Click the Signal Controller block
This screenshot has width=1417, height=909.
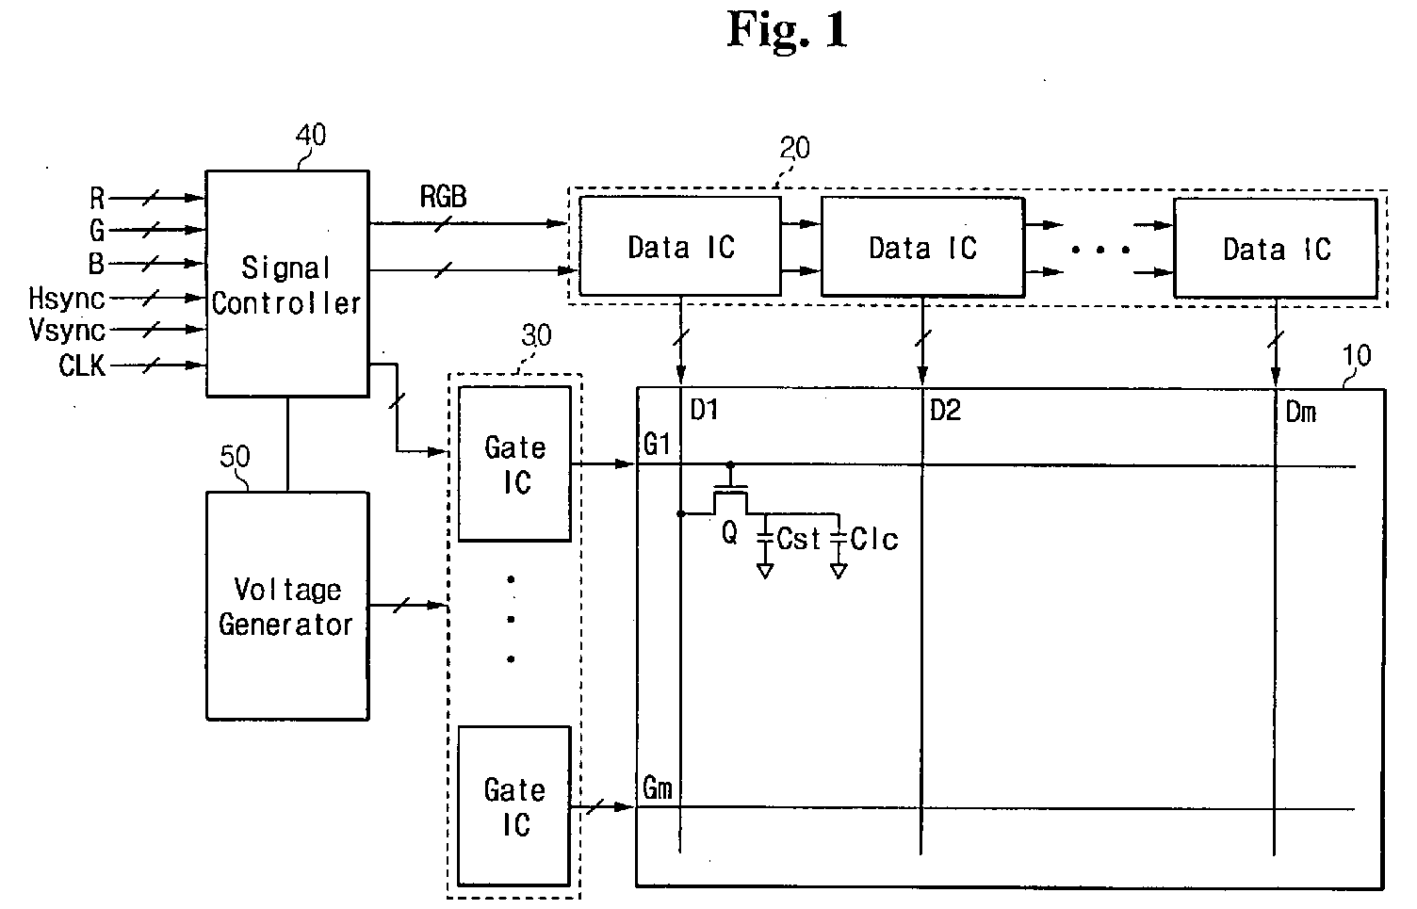tap(287, 284)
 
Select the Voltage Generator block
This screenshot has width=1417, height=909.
tap(287, 606)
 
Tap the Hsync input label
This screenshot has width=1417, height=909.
tap(66, 299)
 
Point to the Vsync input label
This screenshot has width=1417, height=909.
tap(67, 331)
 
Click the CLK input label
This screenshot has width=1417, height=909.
tap(82, 365)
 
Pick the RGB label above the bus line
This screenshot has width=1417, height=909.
tap(444, 197)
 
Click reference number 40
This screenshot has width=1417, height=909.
tap(311, 135)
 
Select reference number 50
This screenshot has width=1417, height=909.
tap(235, 456)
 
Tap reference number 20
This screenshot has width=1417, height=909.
tap(794, 148)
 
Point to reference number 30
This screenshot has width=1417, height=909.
tap(536, 335)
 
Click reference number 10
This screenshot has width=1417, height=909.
tap(1357, 355)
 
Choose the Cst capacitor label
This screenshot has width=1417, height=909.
tap(798, 539)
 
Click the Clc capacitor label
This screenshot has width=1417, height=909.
tap(873, 539)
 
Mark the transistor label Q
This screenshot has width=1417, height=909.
tap(729, 532)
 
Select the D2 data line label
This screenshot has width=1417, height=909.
tap(945, 411)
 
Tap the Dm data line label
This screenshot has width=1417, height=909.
tap(1300, 413)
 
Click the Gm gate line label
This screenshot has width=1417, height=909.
tap(658, 788)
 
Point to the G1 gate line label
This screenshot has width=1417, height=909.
tap(657, 445)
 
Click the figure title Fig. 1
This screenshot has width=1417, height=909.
tap(787, 29)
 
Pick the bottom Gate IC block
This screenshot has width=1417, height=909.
tap(514, 806)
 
